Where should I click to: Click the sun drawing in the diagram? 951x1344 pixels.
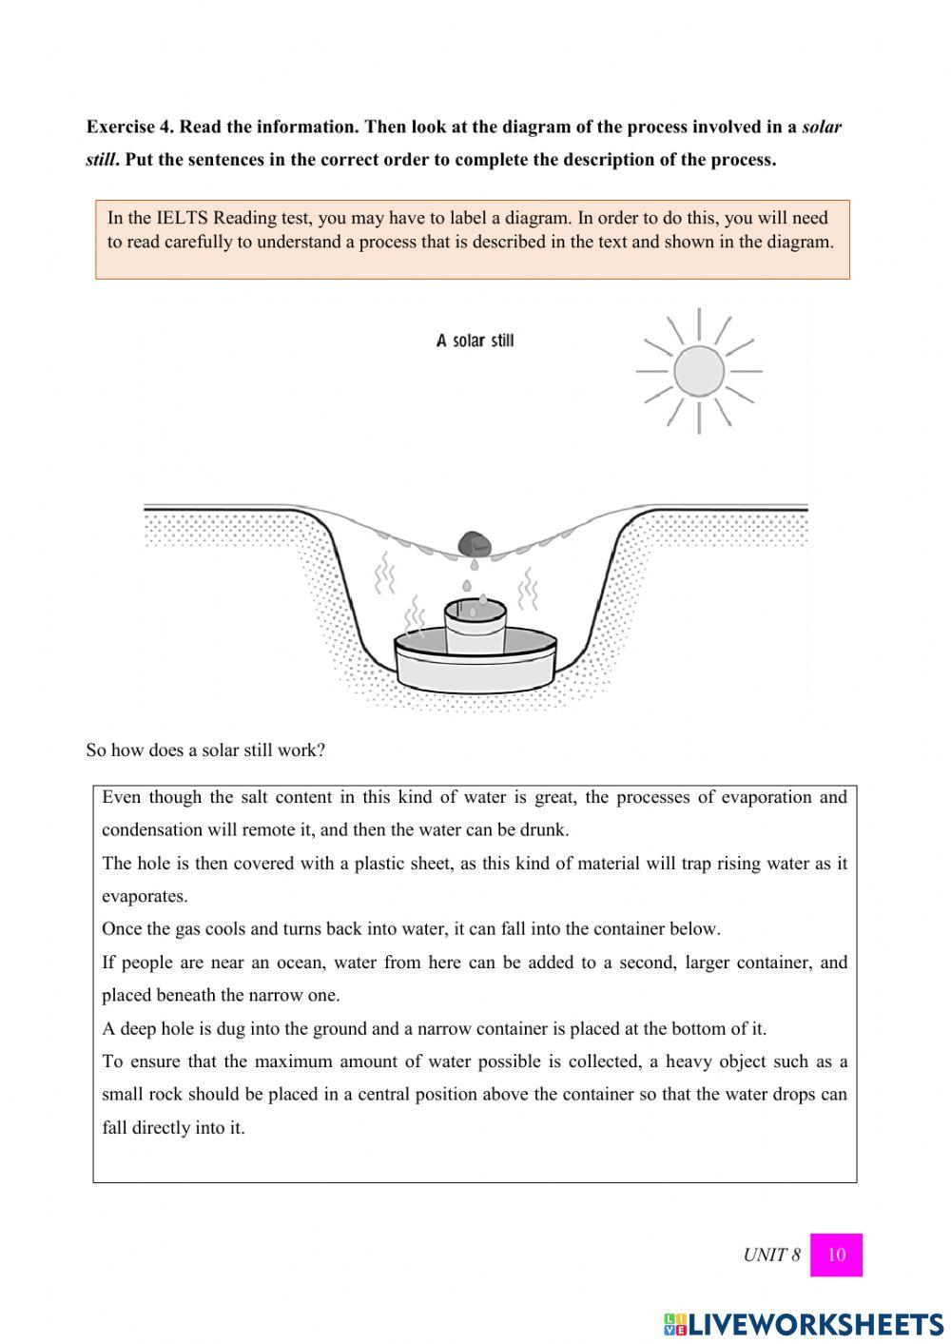(699, 370)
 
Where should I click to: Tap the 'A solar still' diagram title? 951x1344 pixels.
(475, 341)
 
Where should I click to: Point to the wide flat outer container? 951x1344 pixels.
(475, 666)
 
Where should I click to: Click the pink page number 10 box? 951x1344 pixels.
(836, 1255)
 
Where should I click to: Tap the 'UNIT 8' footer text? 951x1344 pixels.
(771, 1255)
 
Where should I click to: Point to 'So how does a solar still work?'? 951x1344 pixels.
(205, 750)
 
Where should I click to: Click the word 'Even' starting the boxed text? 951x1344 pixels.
(121, 797)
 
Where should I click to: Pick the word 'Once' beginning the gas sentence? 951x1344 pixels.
(121, 929)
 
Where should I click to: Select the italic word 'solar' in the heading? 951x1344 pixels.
(822, 127)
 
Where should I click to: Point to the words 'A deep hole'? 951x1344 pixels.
(147, 1028)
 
